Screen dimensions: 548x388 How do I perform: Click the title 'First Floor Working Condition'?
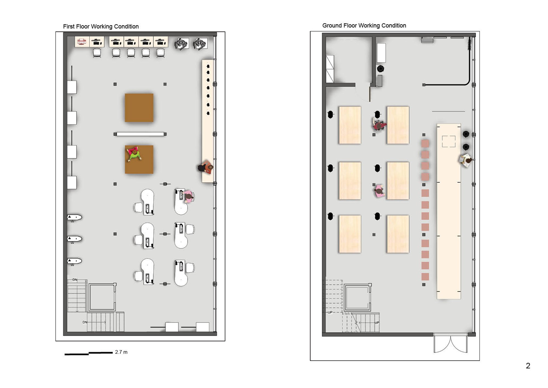pyautogui.click(x=101, y=26)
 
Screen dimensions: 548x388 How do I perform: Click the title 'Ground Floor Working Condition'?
pyautogui.click(x=364, y=26)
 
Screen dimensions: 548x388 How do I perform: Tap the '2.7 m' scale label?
pyautogui.click(x=121, y=352)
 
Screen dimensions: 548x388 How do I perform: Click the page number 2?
pyautogui.click(x=528, y=366)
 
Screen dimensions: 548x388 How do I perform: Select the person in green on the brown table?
pyautogui.click(x=134, y=154)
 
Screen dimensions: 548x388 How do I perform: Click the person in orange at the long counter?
pyautogui.click(x=206, y=167)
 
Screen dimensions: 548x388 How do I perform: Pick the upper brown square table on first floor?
pyautogui.click(x=139, y=108)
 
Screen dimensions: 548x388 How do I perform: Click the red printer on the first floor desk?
pyautogui.click(x=82, y=42)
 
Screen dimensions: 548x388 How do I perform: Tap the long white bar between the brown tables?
pyautogui.click(x=140, y=134)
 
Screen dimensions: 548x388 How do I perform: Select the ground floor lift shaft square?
pyautogui.click(x=358, y=297)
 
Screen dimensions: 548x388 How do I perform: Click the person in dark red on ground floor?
pyautogui.click(x=379, y=124)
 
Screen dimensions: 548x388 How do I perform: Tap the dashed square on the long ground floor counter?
pyautogui.click(x=449, y=142)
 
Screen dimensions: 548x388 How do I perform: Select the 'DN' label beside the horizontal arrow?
pyautogui.click(x=85, y=322)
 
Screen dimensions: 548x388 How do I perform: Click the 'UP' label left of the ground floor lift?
pyautogui.click(x=330, y=313)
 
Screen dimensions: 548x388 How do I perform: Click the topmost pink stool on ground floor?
pyautogui.click(x=425, y=144)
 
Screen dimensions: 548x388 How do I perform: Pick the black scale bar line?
pyautogui.click(x=89, y=353)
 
